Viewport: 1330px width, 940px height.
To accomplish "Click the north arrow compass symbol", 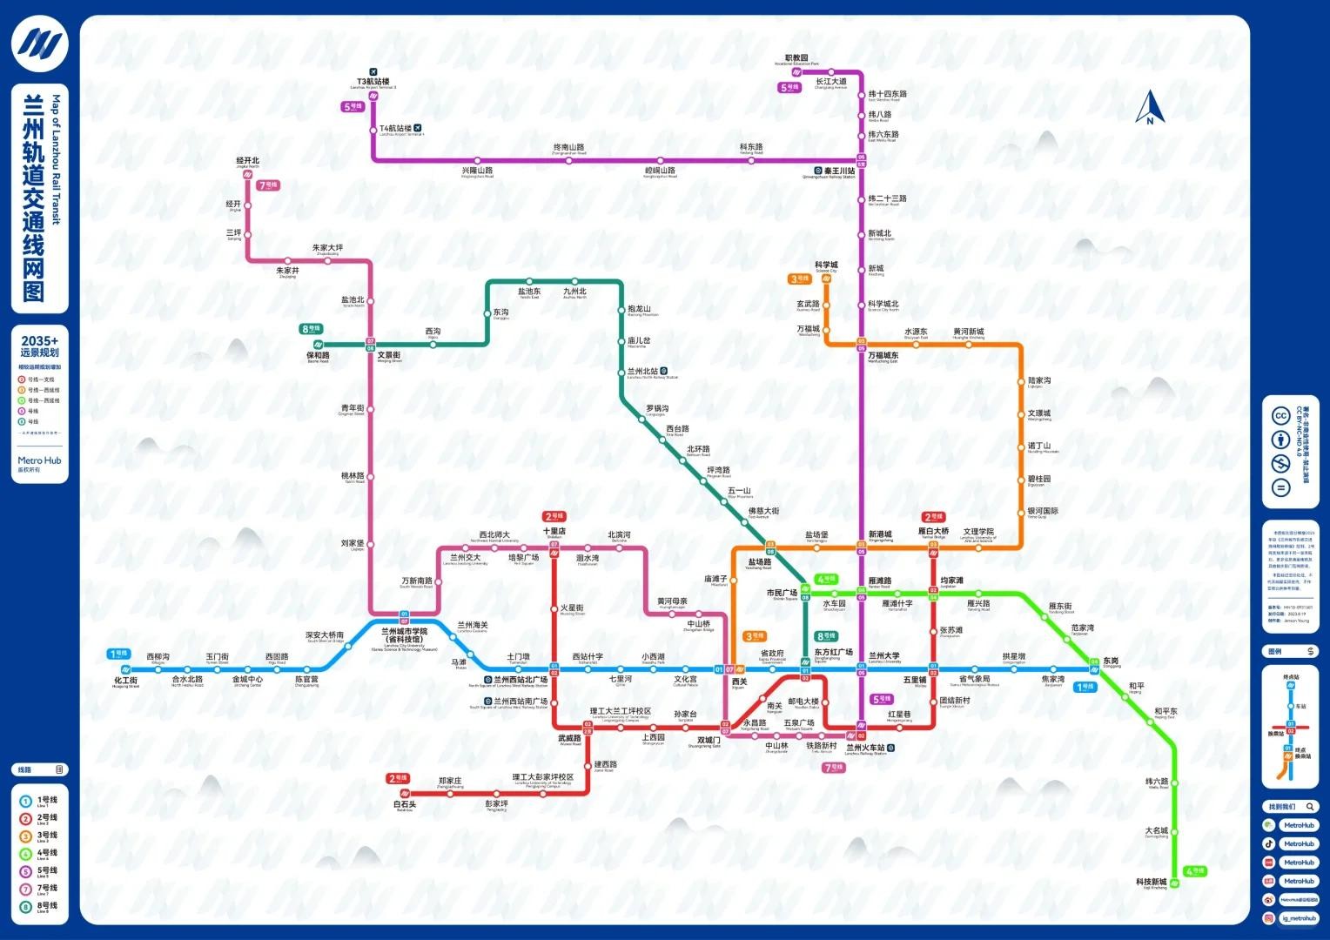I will pyautogui.click(x=1150, y=108).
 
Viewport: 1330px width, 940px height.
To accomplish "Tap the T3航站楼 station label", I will pyautogui.click(x=373, y=82).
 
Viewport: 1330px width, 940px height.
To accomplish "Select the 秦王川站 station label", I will pyautogui.click(x=839, y=171).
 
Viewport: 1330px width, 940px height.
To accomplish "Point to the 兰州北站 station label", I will pyautogui.click(x=644, y=372).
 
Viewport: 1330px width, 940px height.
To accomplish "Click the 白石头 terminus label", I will pyautogui.click(x=405, y=804).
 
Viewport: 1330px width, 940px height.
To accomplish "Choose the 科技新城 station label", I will pyautogui.click(x=1151, y=882).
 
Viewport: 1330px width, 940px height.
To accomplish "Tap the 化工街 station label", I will pyautogui.click(x=126, y=681).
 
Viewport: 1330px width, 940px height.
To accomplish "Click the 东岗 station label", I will pyautogui.click(x=1111, y=661).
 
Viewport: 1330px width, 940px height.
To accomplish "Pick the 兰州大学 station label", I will pyautogui.click(x=884, y=656).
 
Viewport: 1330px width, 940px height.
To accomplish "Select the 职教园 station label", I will pyautogui.click(x=796, y=58).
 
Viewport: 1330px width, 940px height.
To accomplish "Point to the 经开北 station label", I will pyautogui.click(x=248, y=161).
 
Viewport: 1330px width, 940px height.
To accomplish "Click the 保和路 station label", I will pyautogui.click(x=318, y=355).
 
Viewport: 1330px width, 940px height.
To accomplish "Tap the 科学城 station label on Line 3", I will pyautogui.click(x=826, y=265).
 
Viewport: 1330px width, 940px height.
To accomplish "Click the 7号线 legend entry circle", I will pyautogui.click(x=25, y=889).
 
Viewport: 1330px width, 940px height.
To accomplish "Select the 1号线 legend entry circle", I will pyautogui.click(x=25, y=800).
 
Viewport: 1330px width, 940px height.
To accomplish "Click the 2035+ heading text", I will pyautogui.click(x=40, y=341).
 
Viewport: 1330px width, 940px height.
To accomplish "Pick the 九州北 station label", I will pyautogui.click(x=574, y=292).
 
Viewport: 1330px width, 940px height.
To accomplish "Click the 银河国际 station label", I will pyautogui.click(x=1043, y=512).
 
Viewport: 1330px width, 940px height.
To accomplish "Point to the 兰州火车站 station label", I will pyautogui.click(x=865, y=748).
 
